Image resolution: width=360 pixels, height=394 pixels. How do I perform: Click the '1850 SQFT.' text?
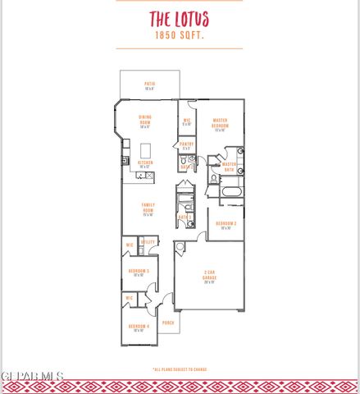pos(179,36)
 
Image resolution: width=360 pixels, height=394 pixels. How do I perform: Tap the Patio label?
pos(149,83)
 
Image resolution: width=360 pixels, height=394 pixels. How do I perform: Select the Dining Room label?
pos(145,122)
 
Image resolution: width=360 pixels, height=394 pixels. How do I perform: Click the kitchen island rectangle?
pos(147,150)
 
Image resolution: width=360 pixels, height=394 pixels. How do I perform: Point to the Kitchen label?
pos(145,163)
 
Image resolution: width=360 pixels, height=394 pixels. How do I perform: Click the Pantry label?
pos(186,144)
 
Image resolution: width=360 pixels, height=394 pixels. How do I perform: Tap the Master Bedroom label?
pos(219,124)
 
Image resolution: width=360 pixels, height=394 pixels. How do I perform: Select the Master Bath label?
pos(229,166)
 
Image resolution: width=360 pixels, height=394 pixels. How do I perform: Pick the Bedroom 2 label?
pos(226,224)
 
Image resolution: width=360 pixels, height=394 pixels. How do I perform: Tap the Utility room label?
pos(148,242)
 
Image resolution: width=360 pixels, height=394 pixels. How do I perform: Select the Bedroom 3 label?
pos(138,272)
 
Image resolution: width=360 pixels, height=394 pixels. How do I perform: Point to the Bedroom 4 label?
pos(138,328)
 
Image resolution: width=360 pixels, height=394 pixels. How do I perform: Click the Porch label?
pos(168,323)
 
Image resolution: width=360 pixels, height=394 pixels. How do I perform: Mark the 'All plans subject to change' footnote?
pos(180,369)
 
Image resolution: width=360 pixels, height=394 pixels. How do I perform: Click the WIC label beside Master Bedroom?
pos(186,121)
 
